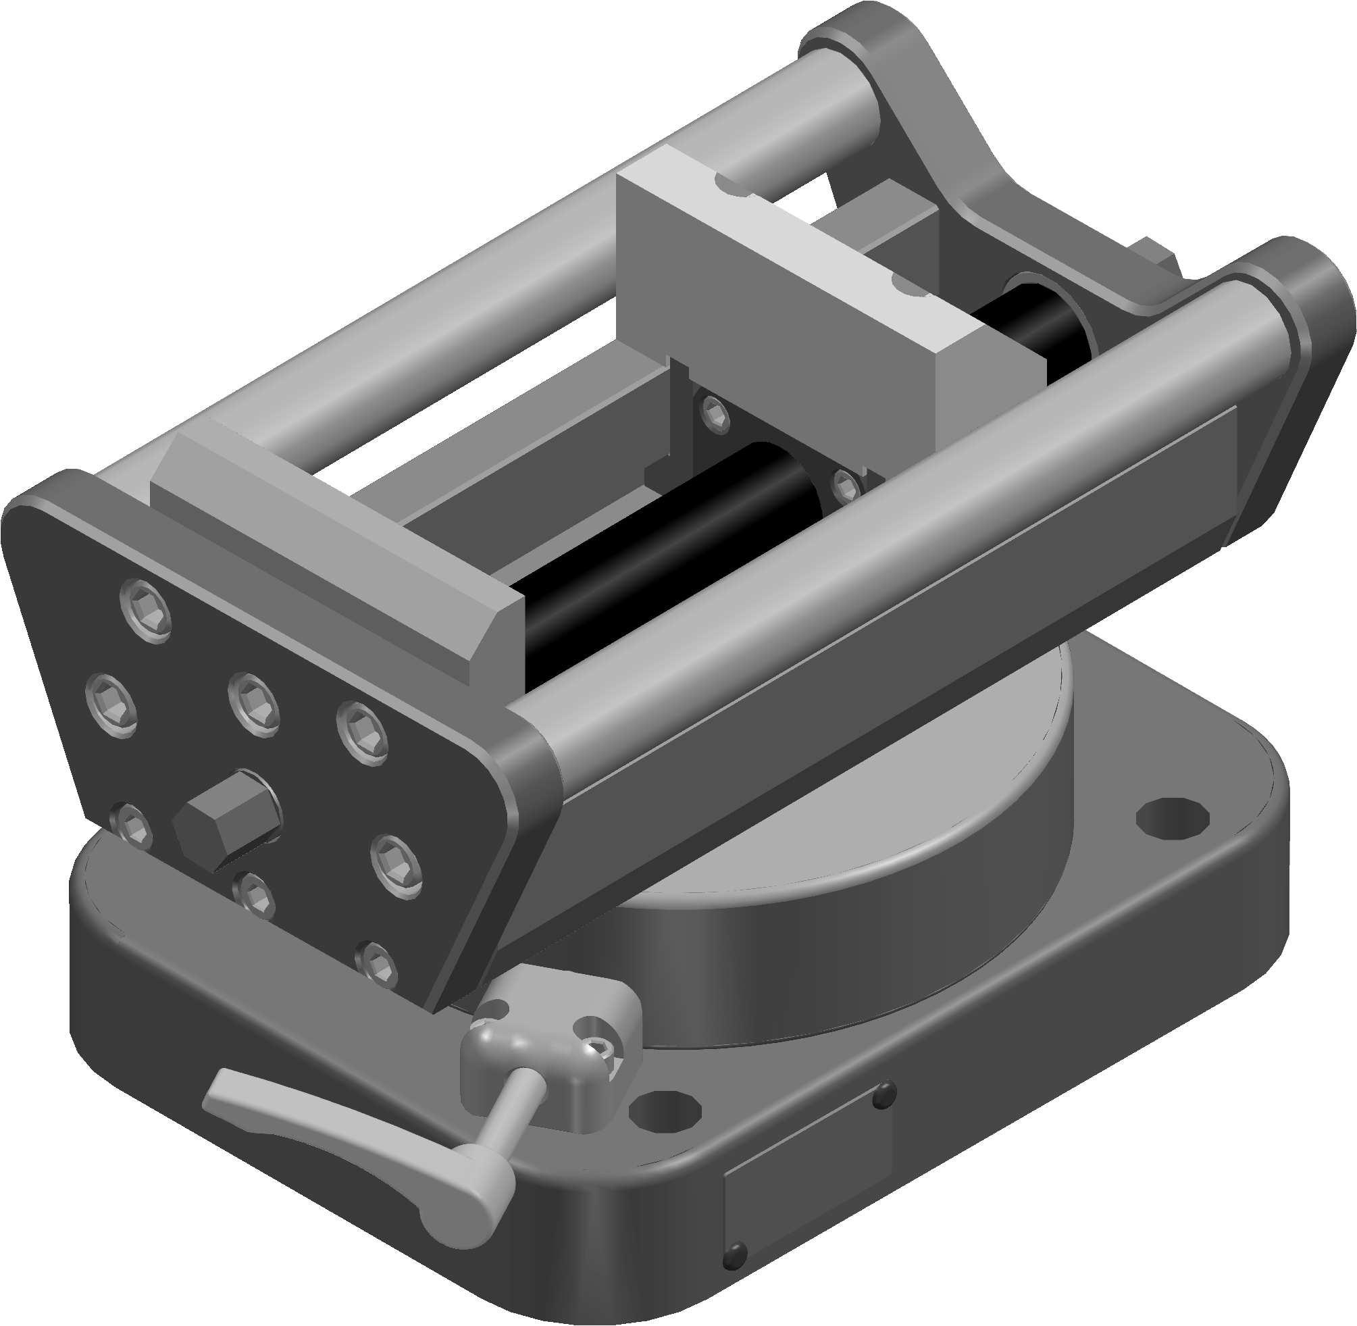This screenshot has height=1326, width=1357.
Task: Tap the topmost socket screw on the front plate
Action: [145, 611]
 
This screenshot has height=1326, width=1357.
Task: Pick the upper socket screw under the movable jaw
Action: [715, 417]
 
